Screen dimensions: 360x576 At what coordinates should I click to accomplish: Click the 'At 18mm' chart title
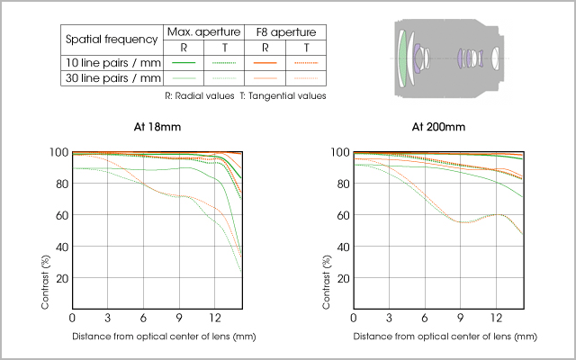(157, 127)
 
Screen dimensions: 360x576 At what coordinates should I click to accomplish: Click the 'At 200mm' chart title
(437, 127)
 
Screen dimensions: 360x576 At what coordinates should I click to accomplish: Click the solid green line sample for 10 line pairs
(184, 63)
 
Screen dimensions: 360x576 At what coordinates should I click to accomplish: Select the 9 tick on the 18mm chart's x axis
(180, 319)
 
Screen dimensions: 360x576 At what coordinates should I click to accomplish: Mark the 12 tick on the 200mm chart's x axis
(497, 319)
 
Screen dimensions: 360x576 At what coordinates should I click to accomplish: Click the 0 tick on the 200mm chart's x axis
(353, 319)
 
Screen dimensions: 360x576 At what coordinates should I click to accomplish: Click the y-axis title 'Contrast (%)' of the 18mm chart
(45, 283)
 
